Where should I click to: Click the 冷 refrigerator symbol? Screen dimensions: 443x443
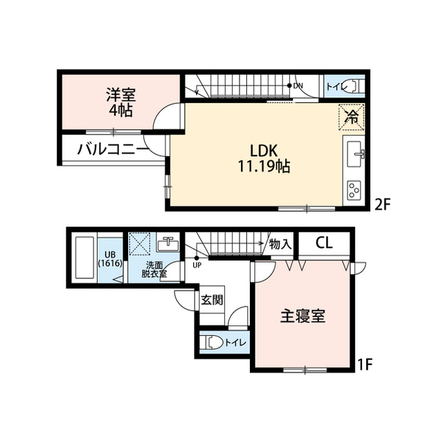tap(352, 116)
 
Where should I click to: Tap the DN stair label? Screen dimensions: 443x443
tap(298, 86)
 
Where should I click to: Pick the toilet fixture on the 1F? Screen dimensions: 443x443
tap(213, 342)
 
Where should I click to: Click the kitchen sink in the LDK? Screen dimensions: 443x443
tap(357, 154)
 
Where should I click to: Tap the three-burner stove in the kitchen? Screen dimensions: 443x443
tap(355, 189)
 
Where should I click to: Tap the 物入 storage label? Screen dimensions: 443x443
tap(280, 244)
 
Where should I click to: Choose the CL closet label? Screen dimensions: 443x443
tap(324, 243)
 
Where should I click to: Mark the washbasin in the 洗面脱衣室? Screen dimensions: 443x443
tap(168, 244)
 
